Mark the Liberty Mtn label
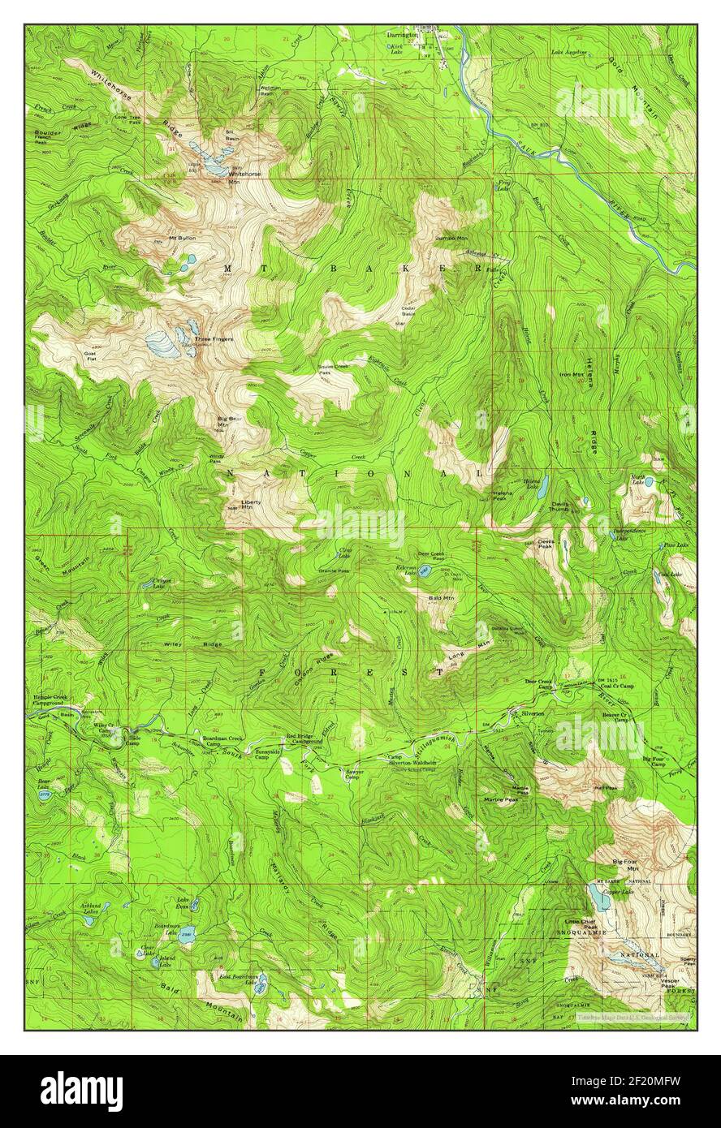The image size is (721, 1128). [x=251, y=504]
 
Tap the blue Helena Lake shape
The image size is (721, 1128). [x=542, y=487]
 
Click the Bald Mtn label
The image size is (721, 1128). [x=442, y=598]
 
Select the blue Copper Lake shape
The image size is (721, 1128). [x=598, y=896]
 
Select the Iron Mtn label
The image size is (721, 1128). [x=572, y=374]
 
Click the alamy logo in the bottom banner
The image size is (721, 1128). [x=82, y=1090]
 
